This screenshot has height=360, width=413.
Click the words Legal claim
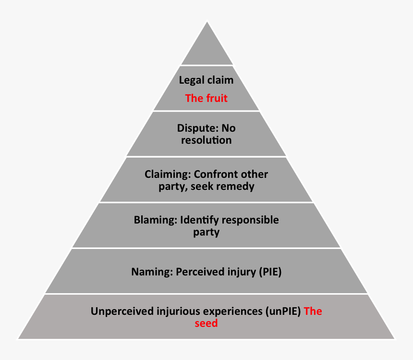[x=206, y=81]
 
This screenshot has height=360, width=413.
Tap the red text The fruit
[x=206, y=99]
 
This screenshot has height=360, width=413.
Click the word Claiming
[x=167, y=174]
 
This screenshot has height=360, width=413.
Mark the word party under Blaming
[x=206, y=232]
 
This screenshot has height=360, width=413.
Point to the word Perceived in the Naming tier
[x=197, y=272]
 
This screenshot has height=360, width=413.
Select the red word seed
[x=206, y=323]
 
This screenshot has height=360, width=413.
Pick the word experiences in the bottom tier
[x=235, y=311]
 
